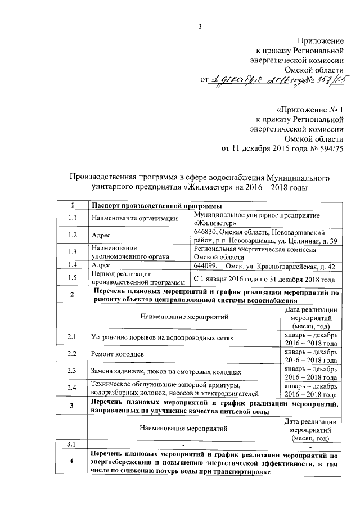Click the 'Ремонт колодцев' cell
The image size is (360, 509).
(x=117, y=354)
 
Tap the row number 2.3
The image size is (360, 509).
(x=71, y=371)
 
